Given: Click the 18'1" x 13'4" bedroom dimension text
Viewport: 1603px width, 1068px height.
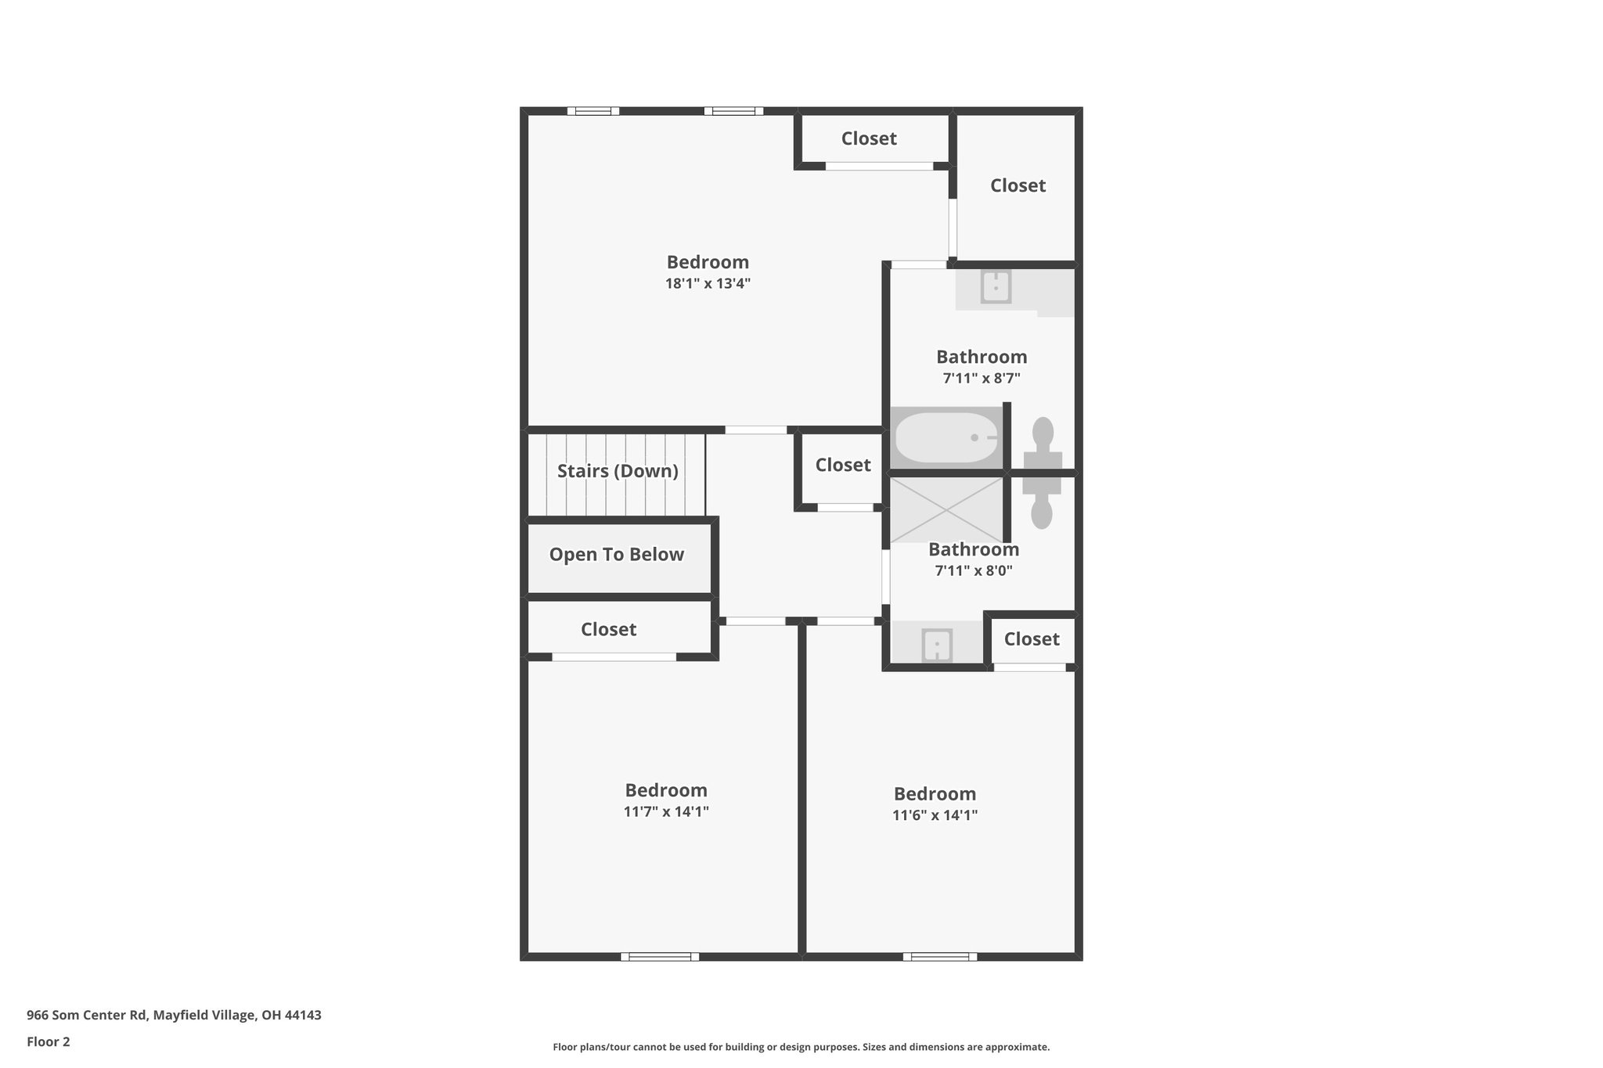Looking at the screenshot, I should pyautogui.click(x=708, y=284).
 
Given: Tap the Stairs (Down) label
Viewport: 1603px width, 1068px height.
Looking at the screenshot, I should pyautogui.click(x=618, y=471).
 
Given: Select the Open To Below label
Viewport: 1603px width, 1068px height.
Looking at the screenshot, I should pyautogui.click(x=617, y=555).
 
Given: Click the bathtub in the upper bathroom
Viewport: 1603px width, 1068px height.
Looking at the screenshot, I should pyautogui.click(x=946, y=438).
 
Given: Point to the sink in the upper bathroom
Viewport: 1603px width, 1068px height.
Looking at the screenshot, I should pyautogui.click(x=996, y=287).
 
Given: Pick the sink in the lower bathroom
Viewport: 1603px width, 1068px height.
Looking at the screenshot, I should pyautogui.click(x=936, y=645).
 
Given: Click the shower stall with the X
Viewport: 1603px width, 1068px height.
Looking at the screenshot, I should pyautogui.click(x=946, y=509).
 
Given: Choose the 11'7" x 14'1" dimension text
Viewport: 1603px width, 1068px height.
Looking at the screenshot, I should pyautogui.click(x=666, y=811).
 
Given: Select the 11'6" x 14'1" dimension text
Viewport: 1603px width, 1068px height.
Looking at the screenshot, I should pyautogui.click(x=935, y=815).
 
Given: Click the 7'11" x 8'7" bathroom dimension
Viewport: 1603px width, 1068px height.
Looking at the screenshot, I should pyautogui.click(x=982, y=379).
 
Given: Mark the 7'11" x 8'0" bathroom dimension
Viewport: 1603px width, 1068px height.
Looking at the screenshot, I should pyautogui.click(x=974, y=571).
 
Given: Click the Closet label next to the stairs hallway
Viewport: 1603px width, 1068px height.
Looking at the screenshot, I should pyautogui.click(x=843, y=466).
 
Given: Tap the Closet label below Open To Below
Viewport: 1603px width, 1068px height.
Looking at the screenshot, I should pyautogui.click(x=608, y=630).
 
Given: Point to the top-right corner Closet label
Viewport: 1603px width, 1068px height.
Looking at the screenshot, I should pyautogui.click(x=1018, y=185).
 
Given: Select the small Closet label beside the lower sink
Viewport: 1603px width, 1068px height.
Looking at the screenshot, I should pyautogui.click(x=1032, y=639).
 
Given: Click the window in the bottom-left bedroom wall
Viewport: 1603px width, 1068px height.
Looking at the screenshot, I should pyautogui.click(x=660, y=956).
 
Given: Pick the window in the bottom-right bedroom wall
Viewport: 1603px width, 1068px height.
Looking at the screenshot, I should pyautogui.click(x=939, y=956).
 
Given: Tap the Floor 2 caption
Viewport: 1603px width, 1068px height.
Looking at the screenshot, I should pyautogui.click(x=49, y=1042).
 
